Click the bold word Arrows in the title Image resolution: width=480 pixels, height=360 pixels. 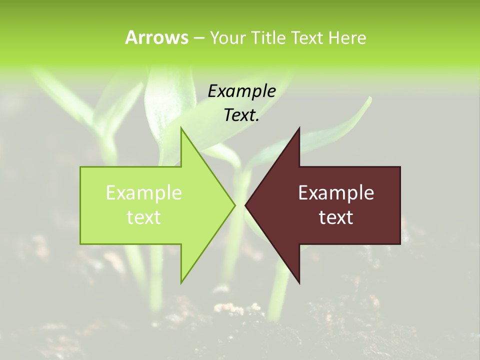[156, 37]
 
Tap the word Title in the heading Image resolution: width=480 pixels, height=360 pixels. [268, 37]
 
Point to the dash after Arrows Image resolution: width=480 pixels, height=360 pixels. [198, 38]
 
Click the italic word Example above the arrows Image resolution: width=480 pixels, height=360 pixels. [241, 91]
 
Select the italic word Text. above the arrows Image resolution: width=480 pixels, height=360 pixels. [241, 115]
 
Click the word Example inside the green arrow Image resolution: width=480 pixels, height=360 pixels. [144, 193]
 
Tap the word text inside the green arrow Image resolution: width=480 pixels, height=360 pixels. [144, 217]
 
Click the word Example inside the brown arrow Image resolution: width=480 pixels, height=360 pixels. [336, 193]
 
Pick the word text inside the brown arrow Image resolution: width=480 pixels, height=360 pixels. [336, 217]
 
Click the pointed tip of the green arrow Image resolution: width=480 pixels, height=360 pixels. [234, 205]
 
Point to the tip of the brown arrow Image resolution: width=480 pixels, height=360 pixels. [246, 205]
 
